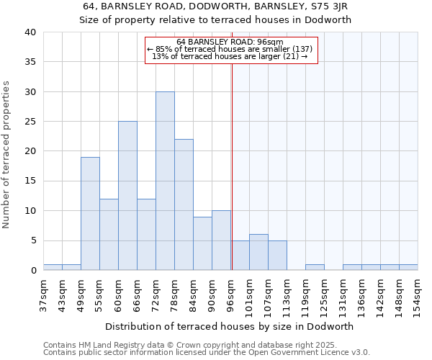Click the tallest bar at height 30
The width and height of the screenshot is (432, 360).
pos(165,181)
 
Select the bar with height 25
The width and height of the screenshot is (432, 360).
pos(127,196)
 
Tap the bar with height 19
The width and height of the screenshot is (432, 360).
pos(90,213)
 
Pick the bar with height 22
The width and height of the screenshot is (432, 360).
pos(184,204)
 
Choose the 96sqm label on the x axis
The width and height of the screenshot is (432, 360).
pos(230,292)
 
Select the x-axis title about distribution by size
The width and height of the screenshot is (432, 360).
pos(230,326)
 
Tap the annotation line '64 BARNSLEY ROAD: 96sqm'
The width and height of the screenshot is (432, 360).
pos(230,42)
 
